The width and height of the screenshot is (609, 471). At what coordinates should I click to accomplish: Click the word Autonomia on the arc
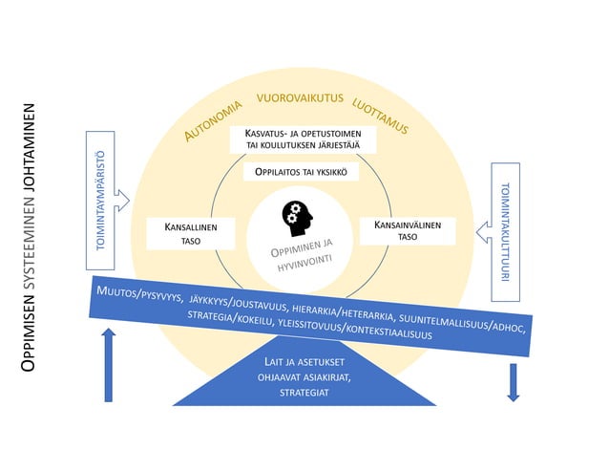213,120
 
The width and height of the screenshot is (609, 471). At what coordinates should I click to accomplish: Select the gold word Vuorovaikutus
300,97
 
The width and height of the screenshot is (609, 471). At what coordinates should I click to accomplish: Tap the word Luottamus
380,117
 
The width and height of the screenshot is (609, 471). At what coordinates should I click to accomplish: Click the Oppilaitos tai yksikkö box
301,172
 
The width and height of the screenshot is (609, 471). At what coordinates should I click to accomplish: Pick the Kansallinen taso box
191,233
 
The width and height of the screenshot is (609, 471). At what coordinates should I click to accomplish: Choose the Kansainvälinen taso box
408,231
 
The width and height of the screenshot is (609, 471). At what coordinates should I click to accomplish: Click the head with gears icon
297,219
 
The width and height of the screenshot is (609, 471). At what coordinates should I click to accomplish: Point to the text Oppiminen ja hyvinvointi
303,255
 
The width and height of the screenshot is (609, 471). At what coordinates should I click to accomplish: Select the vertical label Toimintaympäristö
100,201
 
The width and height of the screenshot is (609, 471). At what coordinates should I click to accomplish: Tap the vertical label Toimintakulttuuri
505,232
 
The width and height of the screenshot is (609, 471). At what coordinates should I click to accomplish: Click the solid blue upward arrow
109,365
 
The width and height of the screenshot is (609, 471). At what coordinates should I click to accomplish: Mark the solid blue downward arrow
513,382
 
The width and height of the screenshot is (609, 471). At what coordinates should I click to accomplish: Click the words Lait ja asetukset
304,362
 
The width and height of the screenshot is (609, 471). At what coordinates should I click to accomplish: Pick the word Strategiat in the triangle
304,393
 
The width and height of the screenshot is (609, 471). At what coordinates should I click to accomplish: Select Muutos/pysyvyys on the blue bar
139,293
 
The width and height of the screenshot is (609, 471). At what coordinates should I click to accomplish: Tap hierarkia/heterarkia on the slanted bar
344,313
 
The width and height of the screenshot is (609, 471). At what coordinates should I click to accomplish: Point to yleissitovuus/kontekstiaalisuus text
355,330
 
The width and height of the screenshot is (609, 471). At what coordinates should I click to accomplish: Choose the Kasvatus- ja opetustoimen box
303,139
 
